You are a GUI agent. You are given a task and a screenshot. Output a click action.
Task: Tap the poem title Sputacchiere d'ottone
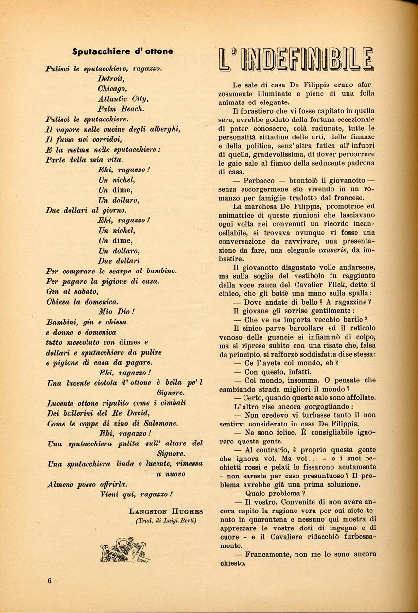coord(122,51)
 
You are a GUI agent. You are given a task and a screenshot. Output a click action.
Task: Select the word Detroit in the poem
coord(111,79)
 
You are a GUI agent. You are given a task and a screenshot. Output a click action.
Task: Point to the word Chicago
coord(112,89)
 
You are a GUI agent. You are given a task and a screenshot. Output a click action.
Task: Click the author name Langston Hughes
coord(166,511)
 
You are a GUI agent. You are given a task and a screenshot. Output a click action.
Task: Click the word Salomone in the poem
coord(157,423)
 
